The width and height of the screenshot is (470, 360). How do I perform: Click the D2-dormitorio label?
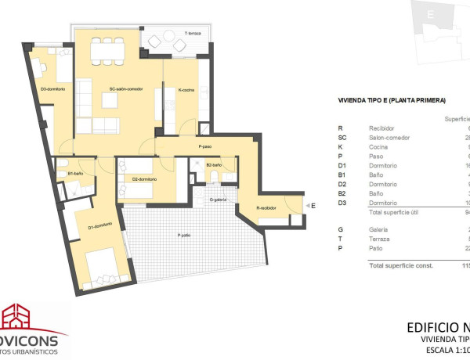pos(145,180)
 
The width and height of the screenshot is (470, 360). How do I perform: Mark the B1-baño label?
pos(76,173)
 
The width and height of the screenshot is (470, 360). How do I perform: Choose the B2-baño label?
pos(215,165)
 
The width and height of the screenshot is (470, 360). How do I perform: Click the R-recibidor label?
pos(269,207)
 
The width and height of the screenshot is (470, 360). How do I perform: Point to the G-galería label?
pos(218,200)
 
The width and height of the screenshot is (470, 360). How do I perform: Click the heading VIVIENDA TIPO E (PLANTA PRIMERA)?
pos(391,100)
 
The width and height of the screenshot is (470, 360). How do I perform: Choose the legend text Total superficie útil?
pos(396,212)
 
